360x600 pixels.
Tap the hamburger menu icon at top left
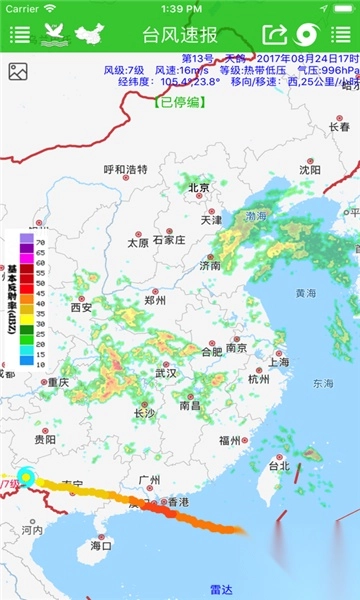19,35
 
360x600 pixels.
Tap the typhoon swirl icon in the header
306,35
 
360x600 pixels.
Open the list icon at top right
341,35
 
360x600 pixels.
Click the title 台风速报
180,35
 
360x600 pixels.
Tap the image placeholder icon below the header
17,71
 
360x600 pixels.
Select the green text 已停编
180,102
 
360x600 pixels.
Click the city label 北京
199,188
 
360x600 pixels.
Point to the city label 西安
81,307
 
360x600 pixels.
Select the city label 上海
278,362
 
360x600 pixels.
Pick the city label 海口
101,546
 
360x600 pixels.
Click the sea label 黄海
306,293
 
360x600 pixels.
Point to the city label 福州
229,440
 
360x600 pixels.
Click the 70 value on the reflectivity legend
40,243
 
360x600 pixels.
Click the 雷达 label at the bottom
221,590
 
